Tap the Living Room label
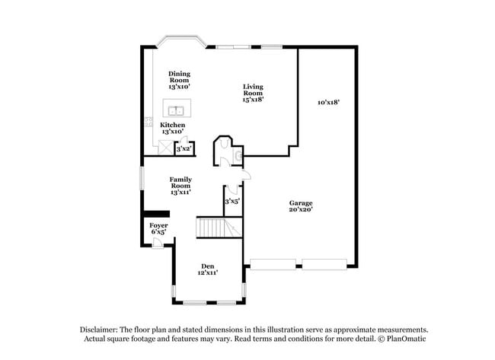pyautogui.click(x=253, y=92)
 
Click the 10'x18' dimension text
pyautogui.click(x=328, y=101)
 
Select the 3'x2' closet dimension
pyautogui.click(x=184, y=149)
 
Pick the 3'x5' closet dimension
pyautogui.click(x=232, y=201)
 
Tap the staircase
pyautogui.click(x=219, y=227)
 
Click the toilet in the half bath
pyautogui.click(x=238, y=155)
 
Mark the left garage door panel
pyautogui.click(x=274, y=264)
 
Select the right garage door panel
pyautogui.click(x=325, y=264)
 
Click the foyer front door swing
pyautogui.click(x=157, y=243)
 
